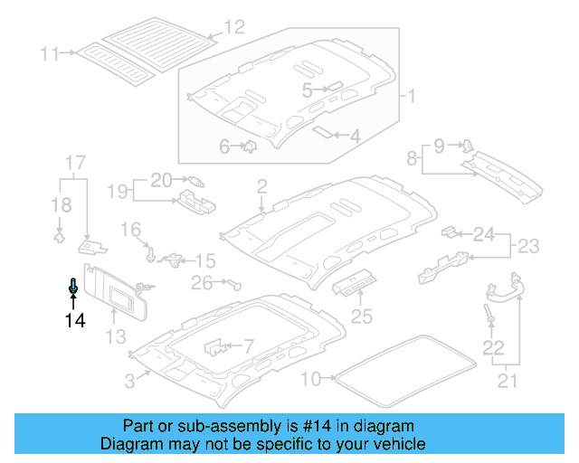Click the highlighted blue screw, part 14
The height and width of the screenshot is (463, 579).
(x=73, y=286)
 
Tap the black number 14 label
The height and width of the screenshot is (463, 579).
(x=75, y=320)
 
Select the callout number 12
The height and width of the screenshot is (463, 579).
(x=235, y=27)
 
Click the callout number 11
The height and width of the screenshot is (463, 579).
(x=50, y=54)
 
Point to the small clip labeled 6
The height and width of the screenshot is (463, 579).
(x=251, y=146)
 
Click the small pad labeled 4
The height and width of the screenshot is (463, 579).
(x=322, y=132)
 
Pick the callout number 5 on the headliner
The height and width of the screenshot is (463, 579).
(x=307, y=90)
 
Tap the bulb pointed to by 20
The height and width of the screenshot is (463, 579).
(x=196, y=181)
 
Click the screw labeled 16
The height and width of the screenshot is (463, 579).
(x=151, y=254)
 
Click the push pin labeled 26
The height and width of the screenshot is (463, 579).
(x=235, y=284)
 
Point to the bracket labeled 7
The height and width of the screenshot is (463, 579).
(x=215, y=347)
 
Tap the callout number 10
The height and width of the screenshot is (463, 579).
(x=311, y=379)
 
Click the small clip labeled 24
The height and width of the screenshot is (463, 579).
(x=450, y=231)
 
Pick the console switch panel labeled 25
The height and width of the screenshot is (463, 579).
(x=355, y=283)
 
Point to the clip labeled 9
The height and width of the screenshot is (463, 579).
(x=468, y=146)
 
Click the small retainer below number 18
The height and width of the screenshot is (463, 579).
(x=59, y=236)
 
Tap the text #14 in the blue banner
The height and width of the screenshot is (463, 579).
(x=317, y=426)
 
